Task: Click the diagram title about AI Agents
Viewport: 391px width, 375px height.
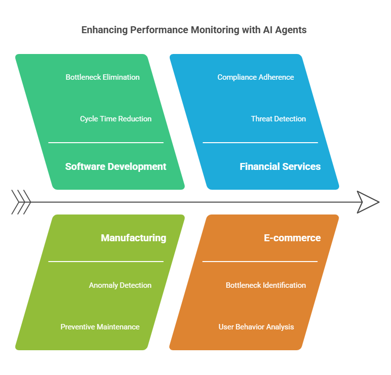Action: point(194,30)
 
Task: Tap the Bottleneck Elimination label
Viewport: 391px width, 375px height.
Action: point(102,77)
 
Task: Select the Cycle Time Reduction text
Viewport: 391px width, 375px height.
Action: point(116,119)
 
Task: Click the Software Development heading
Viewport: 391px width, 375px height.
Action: point(116,166)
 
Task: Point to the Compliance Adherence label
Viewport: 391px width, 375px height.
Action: point(255,77)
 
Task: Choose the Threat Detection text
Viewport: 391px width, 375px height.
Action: point(278,119)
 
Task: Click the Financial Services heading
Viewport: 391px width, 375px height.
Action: point(280,166)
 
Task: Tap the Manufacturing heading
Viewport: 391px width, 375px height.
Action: point(134,238)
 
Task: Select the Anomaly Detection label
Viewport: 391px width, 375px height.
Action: point(120,285)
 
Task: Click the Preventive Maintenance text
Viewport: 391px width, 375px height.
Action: point(100,327)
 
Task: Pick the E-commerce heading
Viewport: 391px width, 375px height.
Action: point(292,238)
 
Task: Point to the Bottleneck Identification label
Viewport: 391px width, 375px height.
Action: point(266,285)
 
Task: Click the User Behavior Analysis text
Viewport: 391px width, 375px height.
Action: point(256,327)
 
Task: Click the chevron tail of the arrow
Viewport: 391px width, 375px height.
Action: point(21,202)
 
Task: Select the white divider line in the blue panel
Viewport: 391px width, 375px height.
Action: point(260,143)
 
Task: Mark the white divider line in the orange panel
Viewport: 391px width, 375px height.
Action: point(260,262)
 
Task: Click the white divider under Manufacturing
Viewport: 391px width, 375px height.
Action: point(106,262)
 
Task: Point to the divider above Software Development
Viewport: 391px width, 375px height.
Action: point(106,143)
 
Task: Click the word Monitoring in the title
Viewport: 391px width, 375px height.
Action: point(215,30)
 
